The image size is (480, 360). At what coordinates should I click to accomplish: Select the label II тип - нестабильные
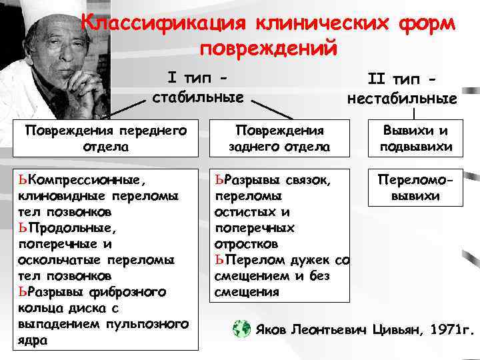[x=402, y=89]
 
